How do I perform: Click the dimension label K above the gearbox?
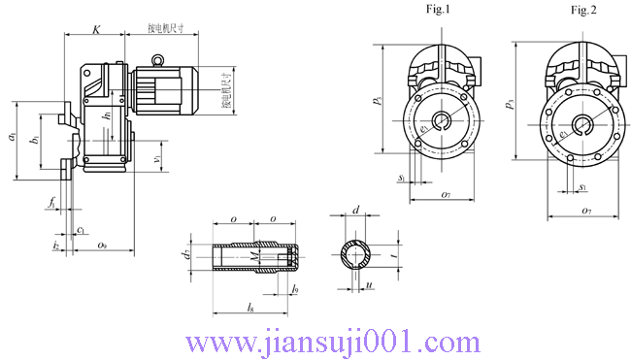95,29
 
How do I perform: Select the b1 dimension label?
34,141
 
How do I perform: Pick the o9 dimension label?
103,247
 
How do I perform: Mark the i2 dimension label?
56,247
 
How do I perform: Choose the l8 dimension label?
249,308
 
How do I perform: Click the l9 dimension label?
295,290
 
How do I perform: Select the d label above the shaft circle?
356,209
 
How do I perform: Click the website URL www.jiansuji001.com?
331,342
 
